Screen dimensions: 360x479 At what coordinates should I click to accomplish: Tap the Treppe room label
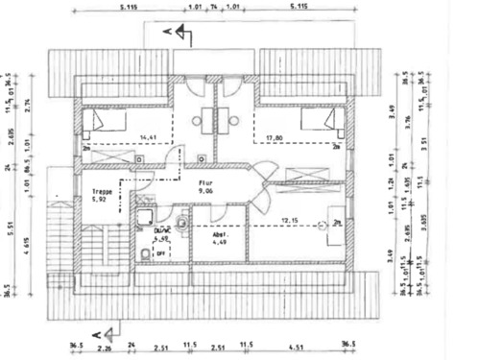point(103,191)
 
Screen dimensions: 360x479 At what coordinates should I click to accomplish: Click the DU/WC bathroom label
point(161,230)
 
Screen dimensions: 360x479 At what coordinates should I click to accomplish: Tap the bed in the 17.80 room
point(319,123)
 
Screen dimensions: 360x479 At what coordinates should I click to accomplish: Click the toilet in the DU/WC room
point(144,252)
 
